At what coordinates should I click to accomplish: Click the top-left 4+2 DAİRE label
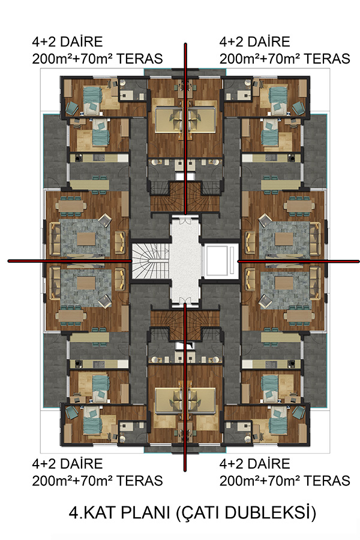[x=68, y=41]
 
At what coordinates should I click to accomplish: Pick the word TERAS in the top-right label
[x=326, y=59]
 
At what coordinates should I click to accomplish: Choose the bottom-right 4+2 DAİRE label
[x=255, y=464]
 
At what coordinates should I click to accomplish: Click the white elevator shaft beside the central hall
[x=220, y=261]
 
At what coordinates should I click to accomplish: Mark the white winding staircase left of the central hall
[x=151, y=262]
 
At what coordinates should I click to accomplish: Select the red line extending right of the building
[x=299, y=262]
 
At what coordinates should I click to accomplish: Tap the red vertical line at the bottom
[x=185, y=387]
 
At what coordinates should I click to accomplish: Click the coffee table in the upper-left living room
[x=86, y=239]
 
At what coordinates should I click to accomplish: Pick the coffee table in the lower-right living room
[x=284, y=283]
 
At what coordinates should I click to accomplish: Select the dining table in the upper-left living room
[x=71, y=206]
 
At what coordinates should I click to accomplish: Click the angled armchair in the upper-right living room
[x=265, y=220]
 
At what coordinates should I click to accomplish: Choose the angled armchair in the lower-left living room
[x=105, y=301]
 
